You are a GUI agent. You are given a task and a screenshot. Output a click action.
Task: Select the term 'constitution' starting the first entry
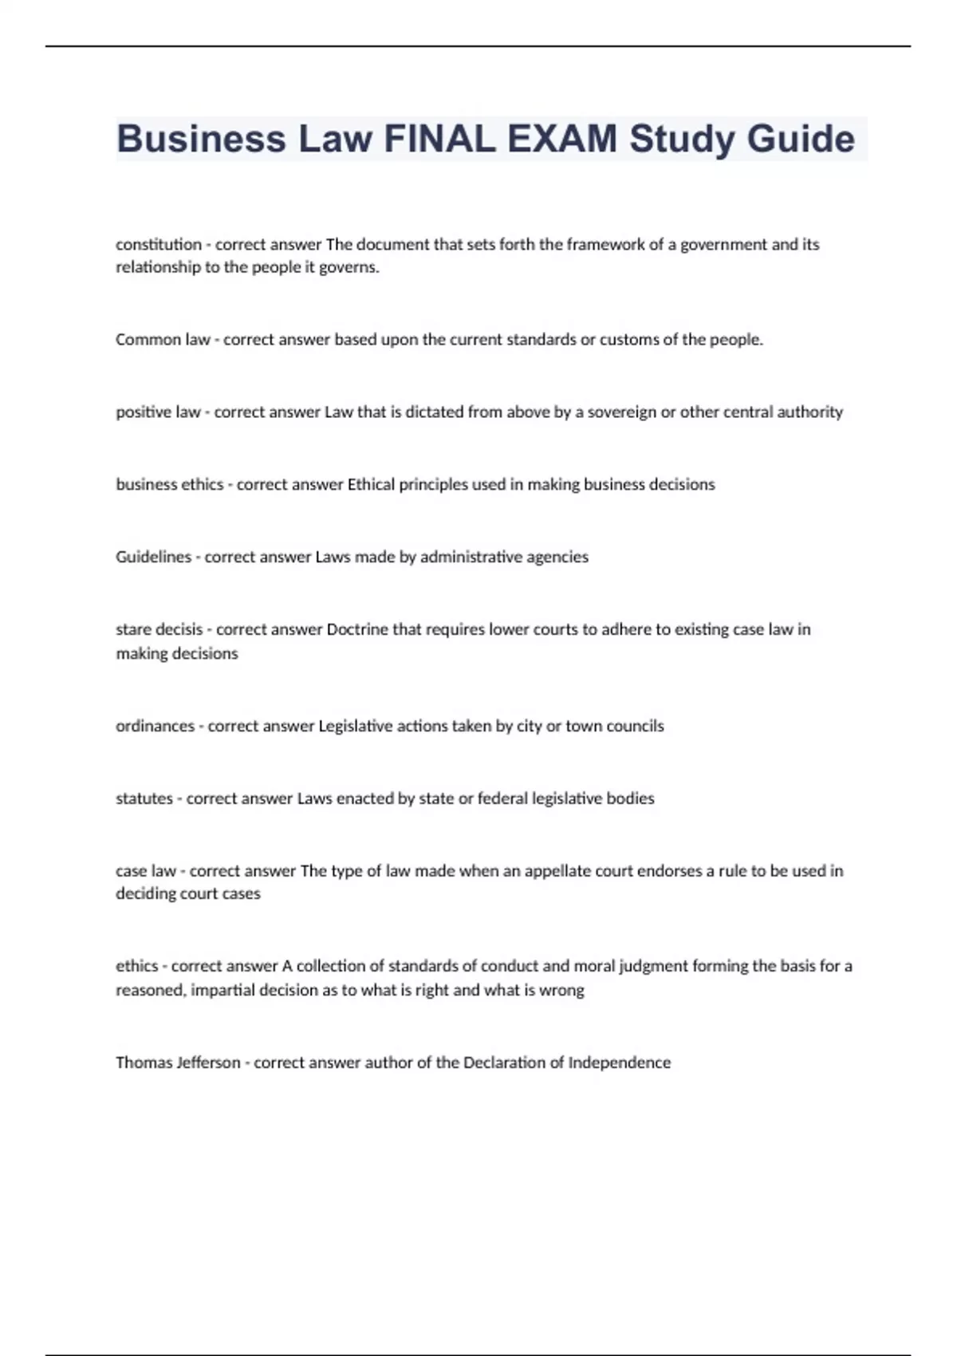coord(158,244)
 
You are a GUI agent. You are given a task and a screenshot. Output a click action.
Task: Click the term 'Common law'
coord(163,340)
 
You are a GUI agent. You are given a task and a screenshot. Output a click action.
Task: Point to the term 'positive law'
coord(158,412)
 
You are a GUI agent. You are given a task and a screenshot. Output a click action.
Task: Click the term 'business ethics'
coord(169,484)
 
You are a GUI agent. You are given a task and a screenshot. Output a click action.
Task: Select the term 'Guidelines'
coord(153,557)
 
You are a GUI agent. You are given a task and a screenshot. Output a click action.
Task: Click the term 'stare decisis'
coord(159,629)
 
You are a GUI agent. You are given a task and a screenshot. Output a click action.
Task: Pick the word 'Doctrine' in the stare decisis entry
coord(357,629)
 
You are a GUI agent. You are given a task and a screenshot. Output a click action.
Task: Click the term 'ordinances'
coord(155,726)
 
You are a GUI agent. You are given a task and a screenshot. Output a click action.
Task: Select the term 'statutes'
coord(144,798)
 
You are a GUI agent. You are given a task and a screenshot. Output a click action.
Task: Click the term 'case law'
coord(146,871)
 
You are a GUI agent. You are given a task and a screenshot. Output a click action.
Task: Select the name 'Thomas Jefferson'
coord(178,1062)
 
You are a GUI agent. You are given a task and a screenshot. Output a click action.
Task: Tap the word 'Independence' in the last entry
coord(619,1062)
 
